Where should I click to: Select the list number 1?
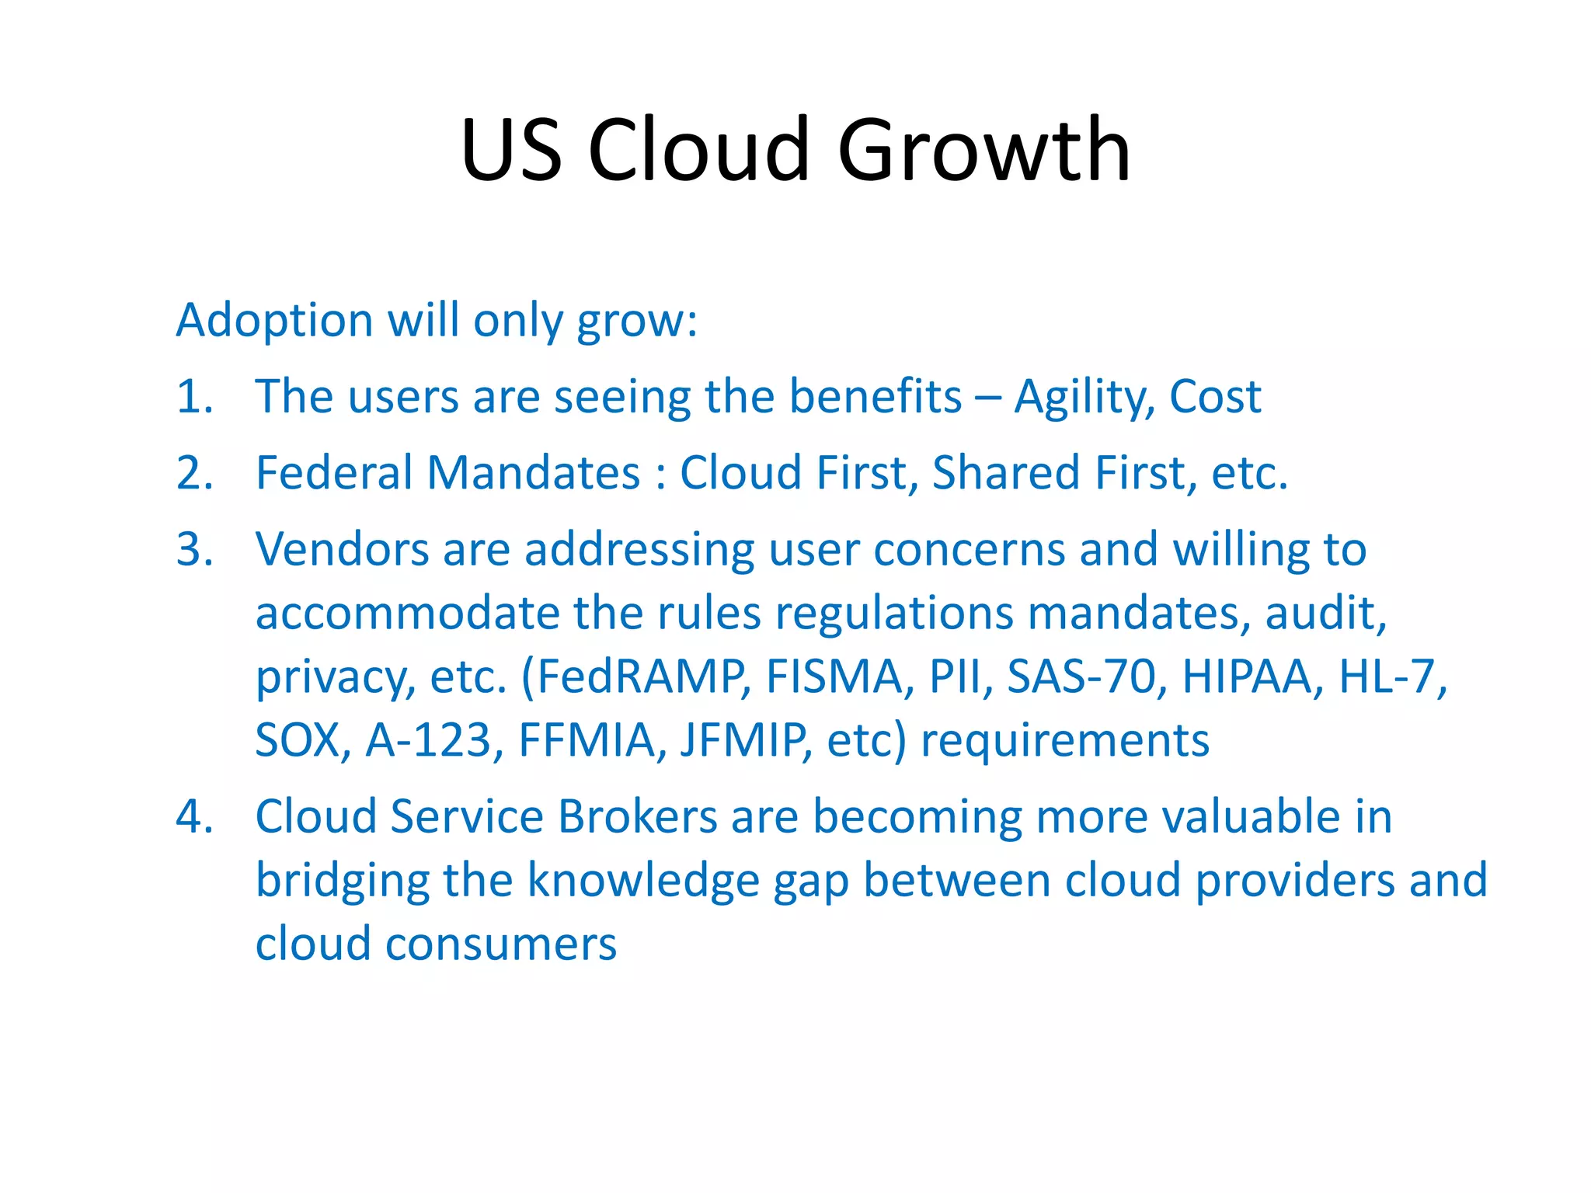(x=193, y=396)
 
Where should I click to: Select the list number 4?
(x=193, y=817)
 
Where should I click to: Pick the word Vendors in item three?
(x=342, y=549)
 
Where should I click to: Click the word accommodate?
(x=407, y=613)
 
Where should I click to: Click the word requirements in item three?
(x=1064, y=740)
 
